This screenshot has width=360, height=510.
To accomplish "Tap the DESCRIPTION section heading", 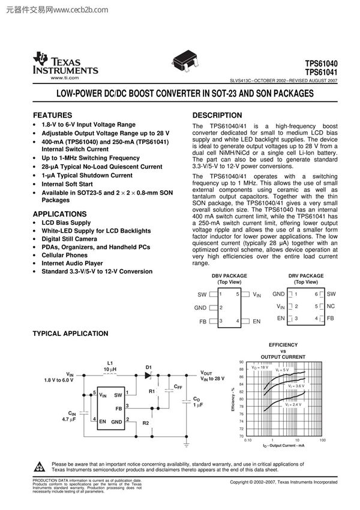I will [217, 115].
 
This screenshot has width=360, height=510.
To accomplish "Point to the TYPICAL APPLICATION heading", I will [70, 334].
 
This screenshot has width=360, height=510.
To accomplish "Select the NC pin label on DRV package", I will [331, 306].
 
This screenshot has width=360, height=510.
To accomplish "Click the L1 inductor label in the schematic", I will [110, 363].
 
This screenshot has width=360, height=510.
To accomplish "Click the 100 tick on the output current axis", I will [323, 440].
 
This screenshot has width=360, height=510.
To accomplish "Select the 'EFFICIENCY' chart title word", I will [283, 345].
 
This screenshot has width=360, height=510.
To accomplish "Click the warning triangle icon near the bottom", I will [40, 467].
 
